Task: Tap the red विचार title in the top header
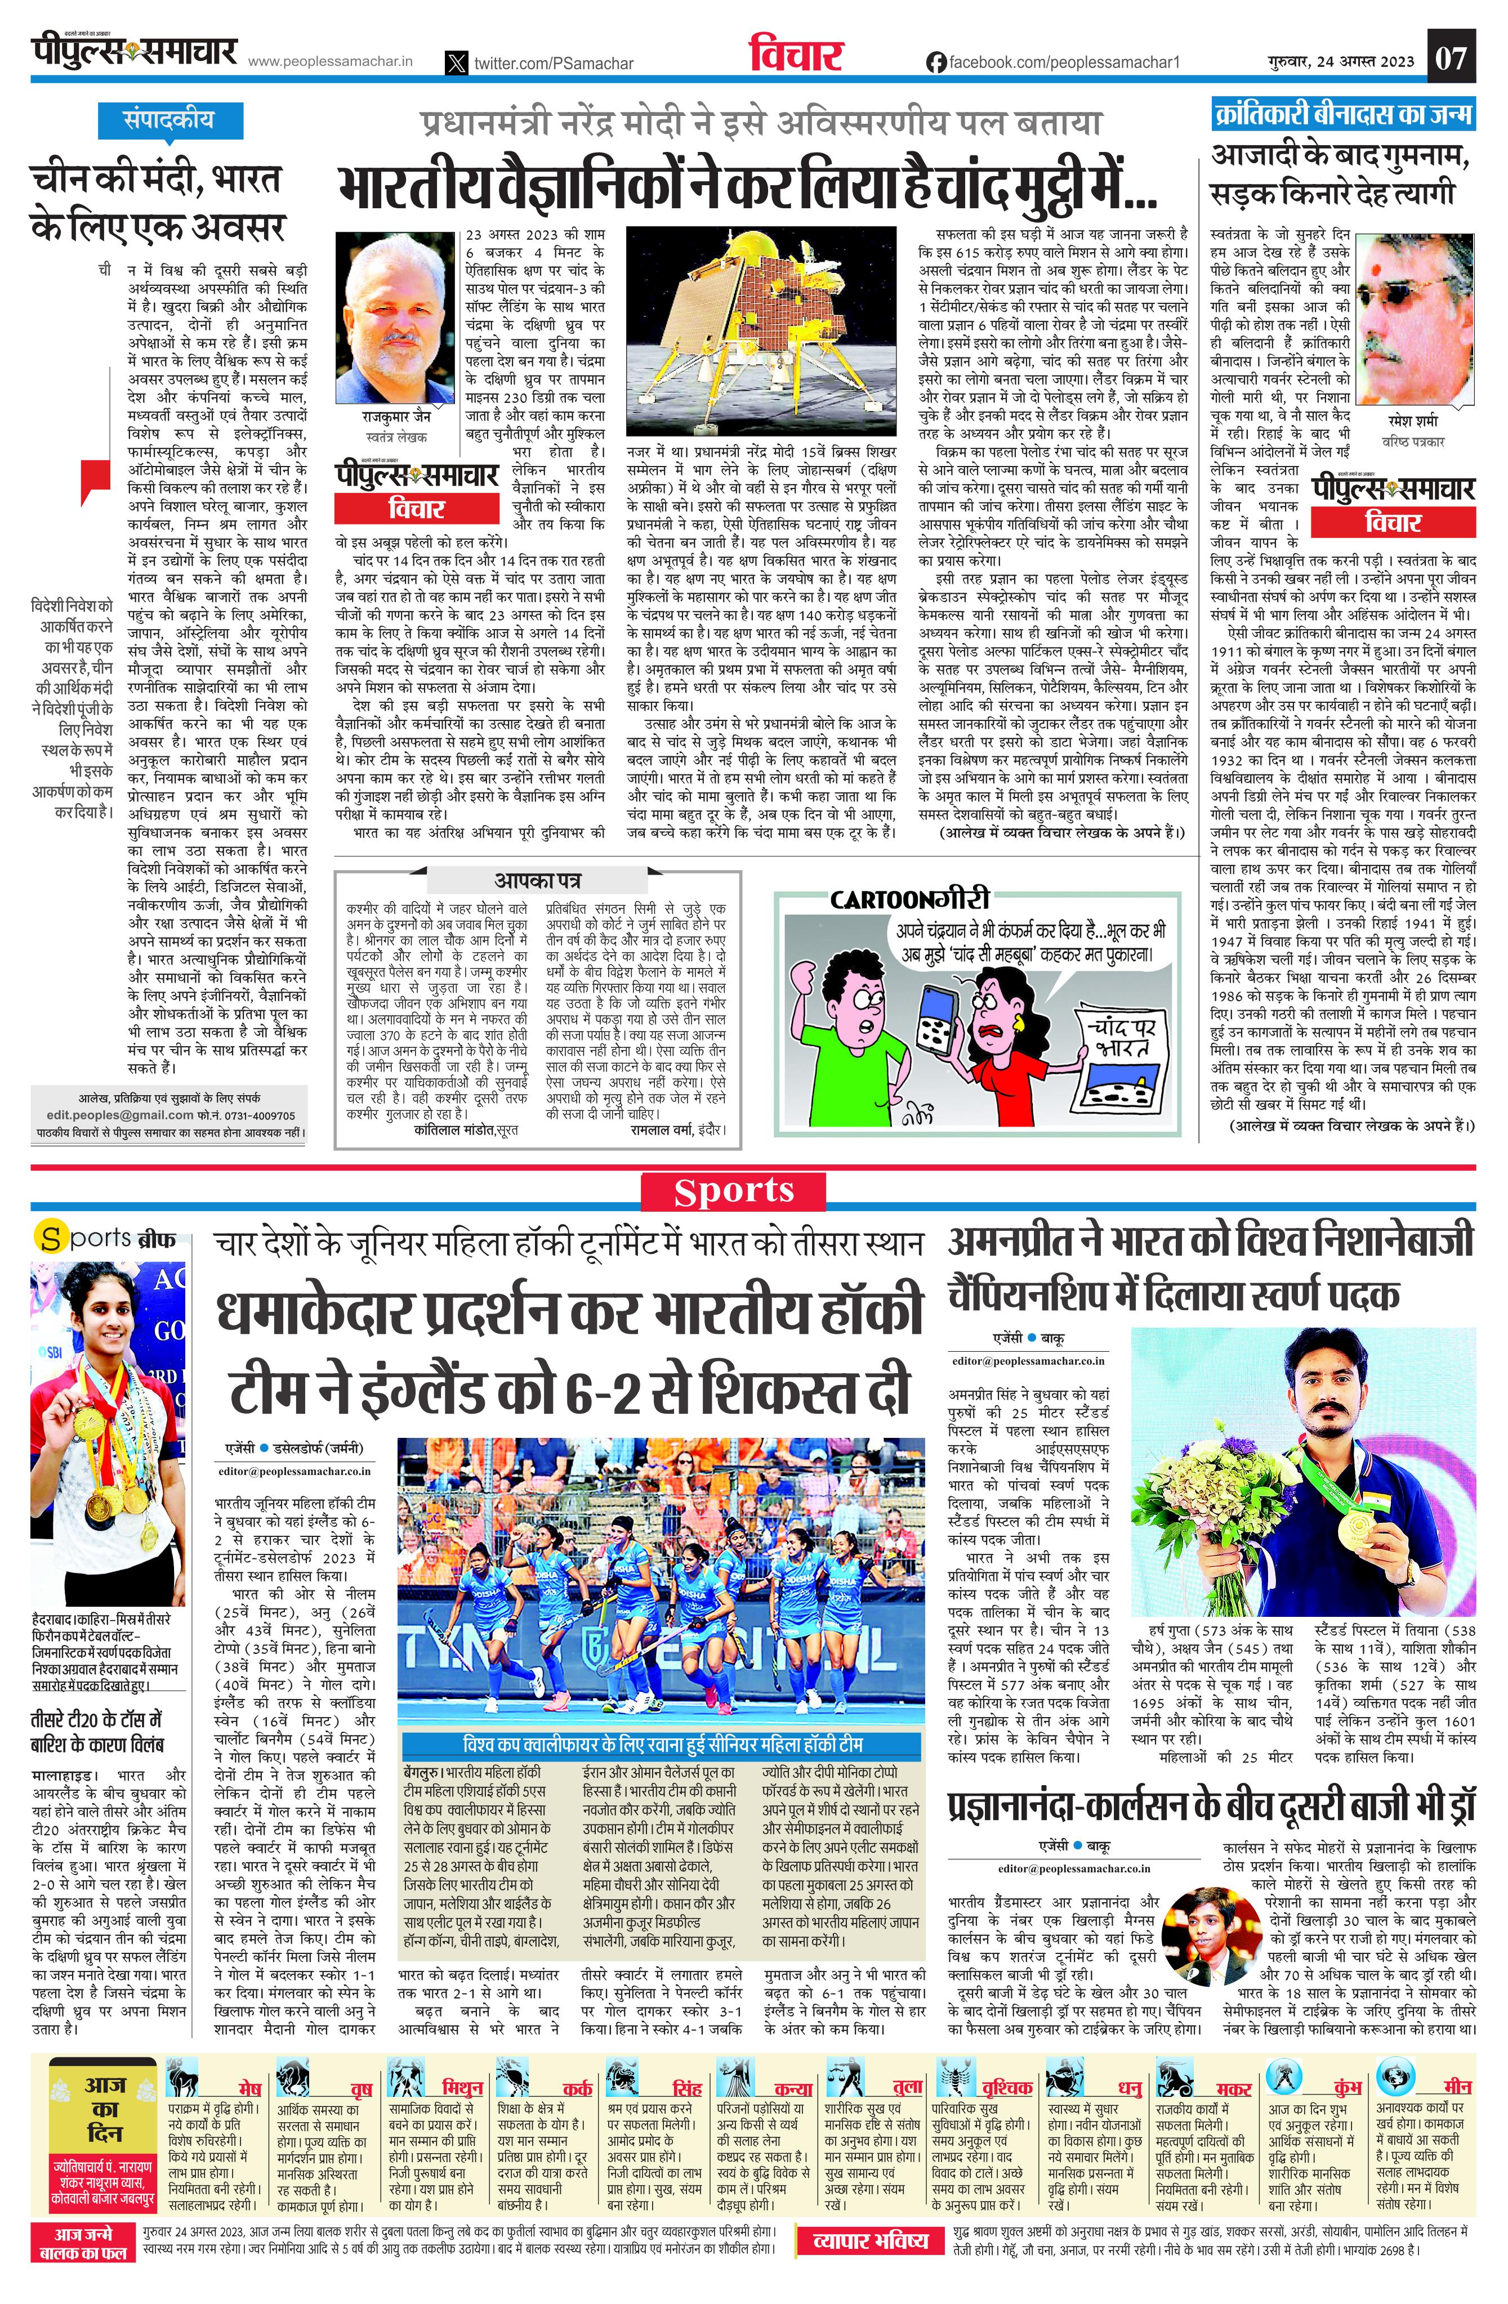click(796, 57)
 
